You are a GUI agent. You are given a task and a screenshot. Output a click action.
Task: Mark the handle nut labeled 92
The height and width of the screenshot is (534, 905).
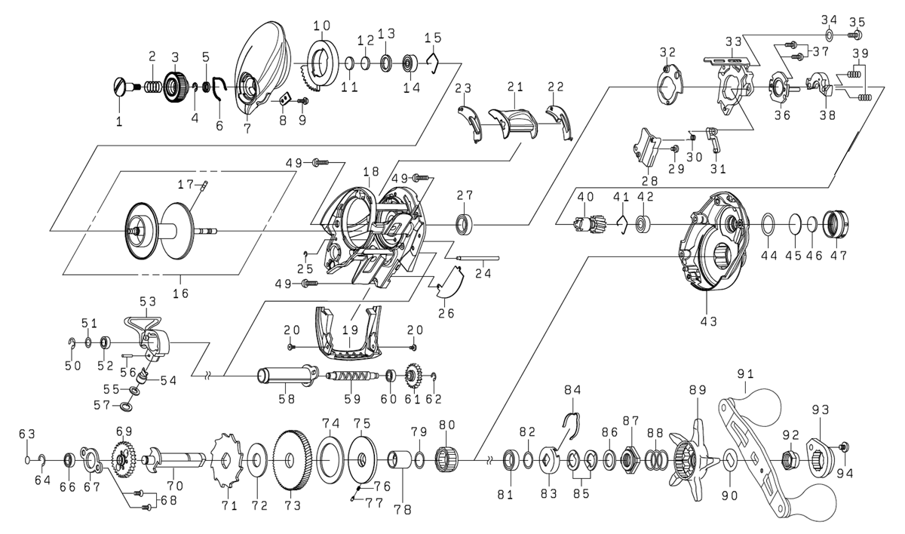click(791, 458)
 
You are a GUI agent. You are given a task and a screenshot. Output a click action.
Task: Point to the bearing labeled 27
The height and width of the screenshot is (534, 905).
click(463, 223)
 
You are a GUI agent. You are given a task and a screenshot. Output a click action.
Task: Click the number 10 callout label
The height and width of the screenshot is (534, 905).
click(322, 25)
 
